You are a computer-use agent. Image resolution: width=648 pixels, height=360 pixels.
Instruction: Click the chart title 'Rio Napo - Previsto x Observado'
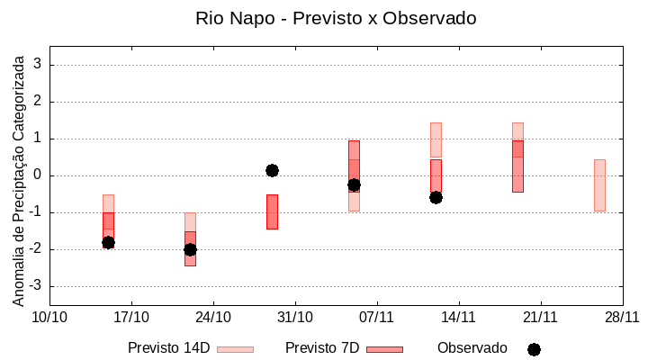(x=336, y=18)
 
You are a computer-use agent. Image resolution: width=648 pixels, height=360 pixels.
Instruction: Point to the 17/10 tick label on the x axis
(x=131, y=317)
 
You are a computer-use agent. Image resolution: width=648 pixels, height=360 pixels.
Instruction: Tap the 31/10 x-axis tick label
(x=295, y=317)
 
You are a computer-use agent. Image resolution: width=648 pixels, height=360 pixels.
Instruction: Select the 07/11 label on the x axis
(x=376, y=317)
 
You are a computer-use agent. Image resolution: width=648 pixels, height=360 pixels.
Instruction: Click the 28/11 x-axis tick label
(x=622, y=317)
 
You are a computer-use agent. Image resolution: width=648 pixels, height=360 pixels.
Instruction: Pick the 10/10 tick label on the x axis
(x=49, y=317)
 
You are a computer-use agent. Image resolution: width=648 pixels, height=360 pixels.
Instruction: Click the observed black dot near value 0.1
(x=272, y=170)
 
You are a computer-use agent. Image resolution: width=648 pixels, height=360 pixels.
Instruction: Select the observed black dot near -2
(x=190, y=249)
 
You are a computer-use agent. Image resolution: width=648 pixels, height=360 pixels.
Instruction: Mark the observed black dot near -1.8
(x=108, y=242)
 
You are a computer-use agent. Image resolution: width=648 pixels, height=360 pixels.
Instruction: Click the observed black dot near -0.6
(x=436, y=197)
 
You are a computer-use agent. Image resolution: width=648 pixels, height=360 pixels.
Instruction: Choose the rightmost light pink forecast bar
(x=599, y=184)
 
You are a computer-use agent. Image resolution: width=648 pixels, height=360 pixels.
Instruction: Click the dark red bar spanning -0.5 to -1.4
(x=272, y=211)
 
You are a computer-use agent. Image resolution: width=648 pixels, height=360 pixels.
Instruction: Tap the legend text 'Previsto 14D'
(x=168, y=348)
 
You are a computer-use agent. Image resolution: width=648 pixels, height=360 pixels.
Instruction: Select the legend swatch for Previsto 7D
(x=385, y=349)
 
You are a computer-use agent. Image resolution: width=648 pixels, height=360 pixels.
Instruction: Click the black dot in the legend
(x=534, y=349)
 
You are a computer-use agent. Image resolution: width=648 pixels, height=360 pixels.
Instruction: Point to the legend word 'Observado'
(x=472, y=348)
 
